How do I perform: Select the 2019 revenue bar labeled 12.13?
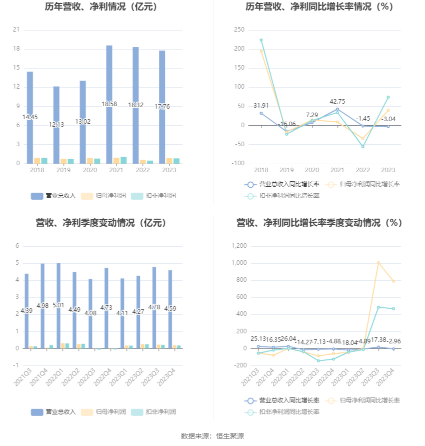click(x=56, y=125)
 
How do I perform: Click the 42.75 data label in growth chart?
click(x=337, y=102)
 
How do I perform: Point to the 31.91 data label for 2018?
click(x=261, y=106)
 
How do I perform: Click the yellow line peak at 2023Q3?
click(x=378, y=262)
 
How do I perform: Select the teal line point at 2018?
click(x=261, y=40)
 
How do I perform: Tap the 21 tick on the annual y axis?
click(x=16, y=30)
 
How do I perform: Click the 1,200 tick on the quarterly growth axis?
click(x=239, y=246)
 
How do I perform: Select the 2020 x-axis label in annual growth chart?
click(x=312, y=170)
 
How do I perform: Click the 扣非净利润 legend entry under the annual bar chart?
click(x=158, y=196)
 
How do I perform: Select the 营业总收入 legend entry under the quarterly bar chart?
click(x=53, y=412)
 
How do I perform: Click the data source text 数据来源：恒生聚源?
click(x=212, y=436)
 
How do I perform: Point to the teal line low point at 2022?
click(x=363, y=146)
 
